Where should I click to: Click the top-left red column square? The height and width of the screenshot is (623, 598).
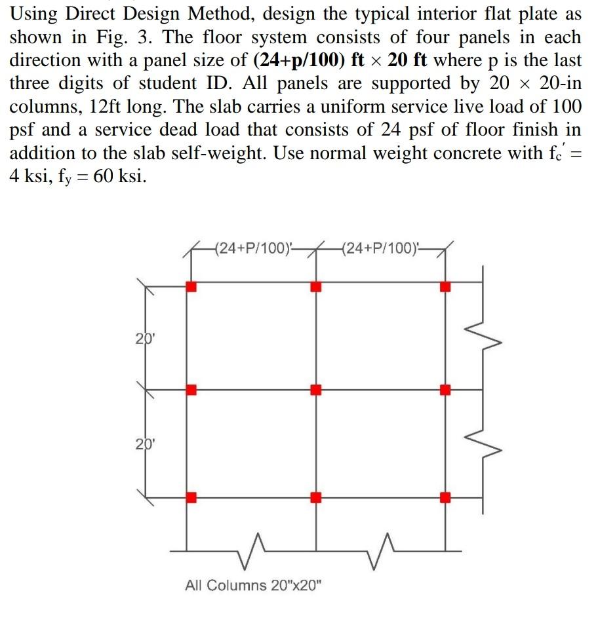tap(191, 287)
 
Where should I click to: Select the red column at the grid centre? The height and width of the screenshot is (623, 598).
tap(316, 390)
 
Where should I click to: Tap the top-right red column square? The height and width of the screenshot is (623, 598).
tap(445, 287)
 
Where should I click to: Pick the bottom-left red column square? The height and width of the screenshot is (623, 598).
tap(191, 497)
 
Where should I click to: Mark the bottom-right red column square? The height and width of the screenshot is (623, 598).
tap(445, 497)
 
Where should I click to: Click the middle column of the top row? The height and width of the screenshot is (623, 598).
tap(316, 287)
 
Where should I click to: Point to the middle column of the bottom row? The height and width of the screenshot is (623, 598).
tap(316, 497)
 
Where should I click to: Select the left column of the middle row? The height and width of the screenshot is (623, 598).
tap(191, 390)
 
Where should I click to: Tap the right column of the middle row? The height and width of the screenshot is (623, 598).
tap(445, 390)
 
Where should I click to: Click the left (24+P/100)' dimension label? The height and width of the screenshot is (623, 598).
tap(253, 248)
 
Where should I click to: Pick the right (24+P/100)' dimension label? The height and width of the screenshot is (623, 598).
tap(381, 248)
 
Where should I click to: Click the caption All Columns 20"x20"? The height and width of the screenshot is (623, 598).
tap(254, 585)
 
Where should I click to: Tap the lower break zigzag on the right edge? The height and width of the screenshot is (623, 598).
tap(486, 443)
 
